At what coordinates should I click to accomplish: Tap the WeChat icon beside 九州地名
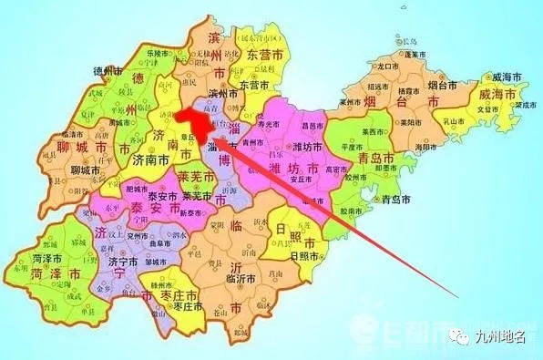coord(460,340)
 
